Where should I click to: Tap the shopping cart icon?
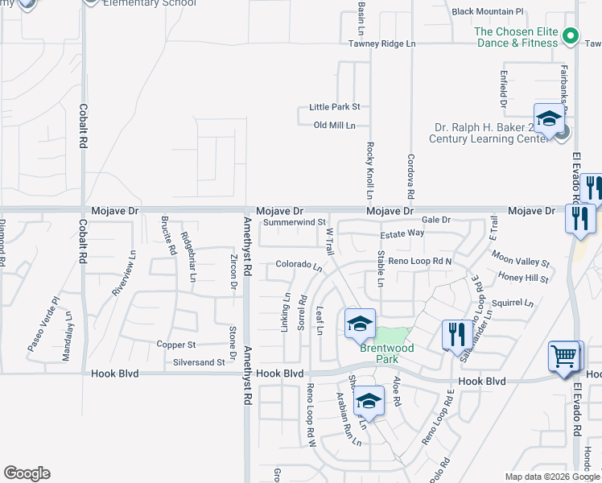[564, 357]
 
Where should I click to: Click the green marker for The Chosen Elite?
[571, 35]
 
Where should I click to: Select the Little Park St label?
[334, 106]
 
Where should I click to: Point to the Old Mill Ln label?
[334, 125]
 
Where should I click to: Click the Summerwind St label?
[294, 221]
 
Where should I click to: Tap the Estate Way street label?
[402, 233]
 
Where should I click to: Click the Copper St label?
[176, 345]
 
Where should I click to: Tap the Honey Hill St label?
[523, 279]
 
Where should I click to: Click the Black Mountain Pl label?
[488, 12]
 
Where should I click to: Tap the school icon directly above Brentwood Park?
[360, 324]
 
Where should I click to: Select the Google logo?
[27, 473]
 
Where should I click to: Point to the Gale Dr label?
[435, 219]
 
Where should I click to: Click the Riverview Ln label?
[124, 275]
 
